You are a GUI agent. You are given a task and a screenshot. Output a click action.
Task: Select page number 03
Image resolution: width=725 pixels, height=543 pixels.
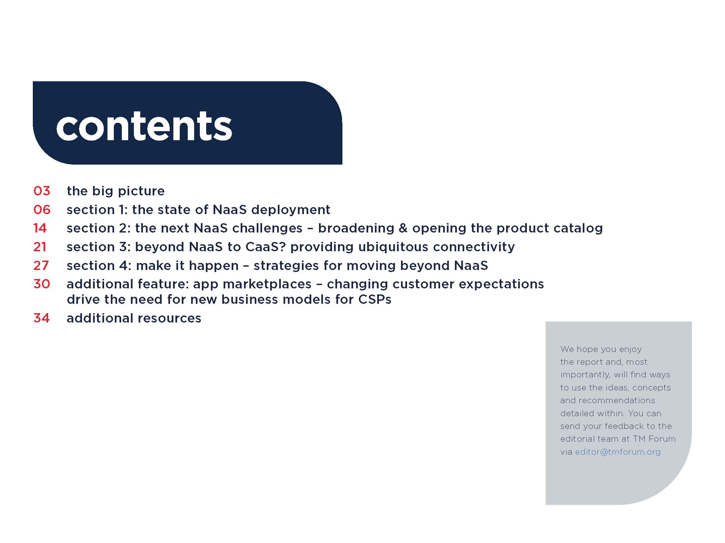(42, 191)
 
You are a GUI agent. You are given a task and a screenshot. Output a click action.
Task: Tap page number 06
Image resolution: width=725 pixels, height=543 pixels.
(42, 210)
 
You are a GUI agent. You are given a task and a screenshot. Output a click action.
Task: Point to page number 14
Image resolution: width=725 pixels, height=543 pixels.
(40, 228)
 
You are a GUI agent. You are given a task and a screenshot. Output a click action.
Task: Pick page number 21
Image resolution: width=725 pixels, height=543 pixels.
(40, 247)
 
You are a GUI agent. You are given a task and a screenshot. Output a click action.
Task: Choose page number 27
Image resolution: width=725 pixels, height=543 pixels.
(41, 266)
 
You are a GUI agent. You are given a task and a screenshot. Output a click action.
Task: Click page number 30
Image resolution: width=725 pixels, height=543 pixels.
(42, 284)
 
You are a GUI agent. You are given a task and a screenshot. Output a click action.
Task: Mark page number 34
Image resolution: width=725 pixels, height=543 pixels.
(42, 318)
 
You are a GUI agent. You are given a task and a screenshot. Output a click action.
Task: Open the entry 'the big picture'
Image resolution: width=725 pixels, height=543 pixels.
(116, 191)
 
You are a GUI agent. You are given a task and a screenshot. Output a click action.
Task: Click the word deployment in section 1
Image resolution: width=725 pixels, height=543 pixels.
(291, 210)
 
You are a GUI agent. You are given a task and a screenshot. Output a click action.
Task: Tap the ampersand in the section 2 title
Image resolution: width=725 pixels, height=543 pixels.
(403, 228)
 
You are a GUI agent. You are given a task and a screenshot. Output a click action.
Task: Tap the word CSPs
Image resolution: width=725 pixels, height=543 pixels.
(375, 299)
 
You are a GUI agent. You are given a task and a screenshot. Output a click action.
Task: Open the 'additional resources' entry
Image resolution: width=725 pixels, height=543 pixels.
(134, 318)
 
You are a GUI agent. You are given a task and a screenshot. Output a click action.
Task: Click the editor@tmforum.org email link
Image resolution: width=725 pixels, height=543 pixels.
(618, 452)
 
